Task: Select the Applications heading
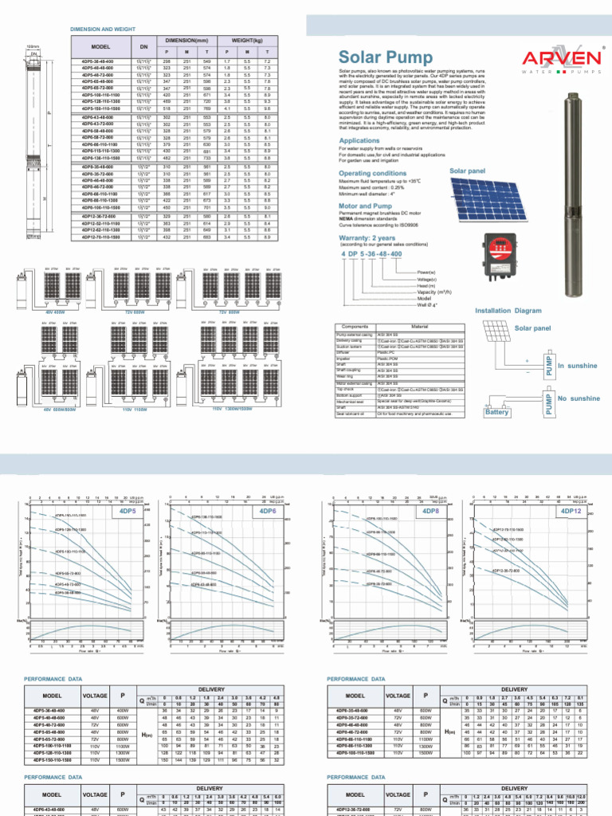[x=359, y=140]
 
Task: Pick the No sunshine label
[x=579, y=398]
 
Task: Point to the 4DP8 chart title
[x=431, y=511]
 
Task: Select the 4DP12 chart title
[x=571, y=511]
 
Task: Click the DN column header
[x=144, y=46]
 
